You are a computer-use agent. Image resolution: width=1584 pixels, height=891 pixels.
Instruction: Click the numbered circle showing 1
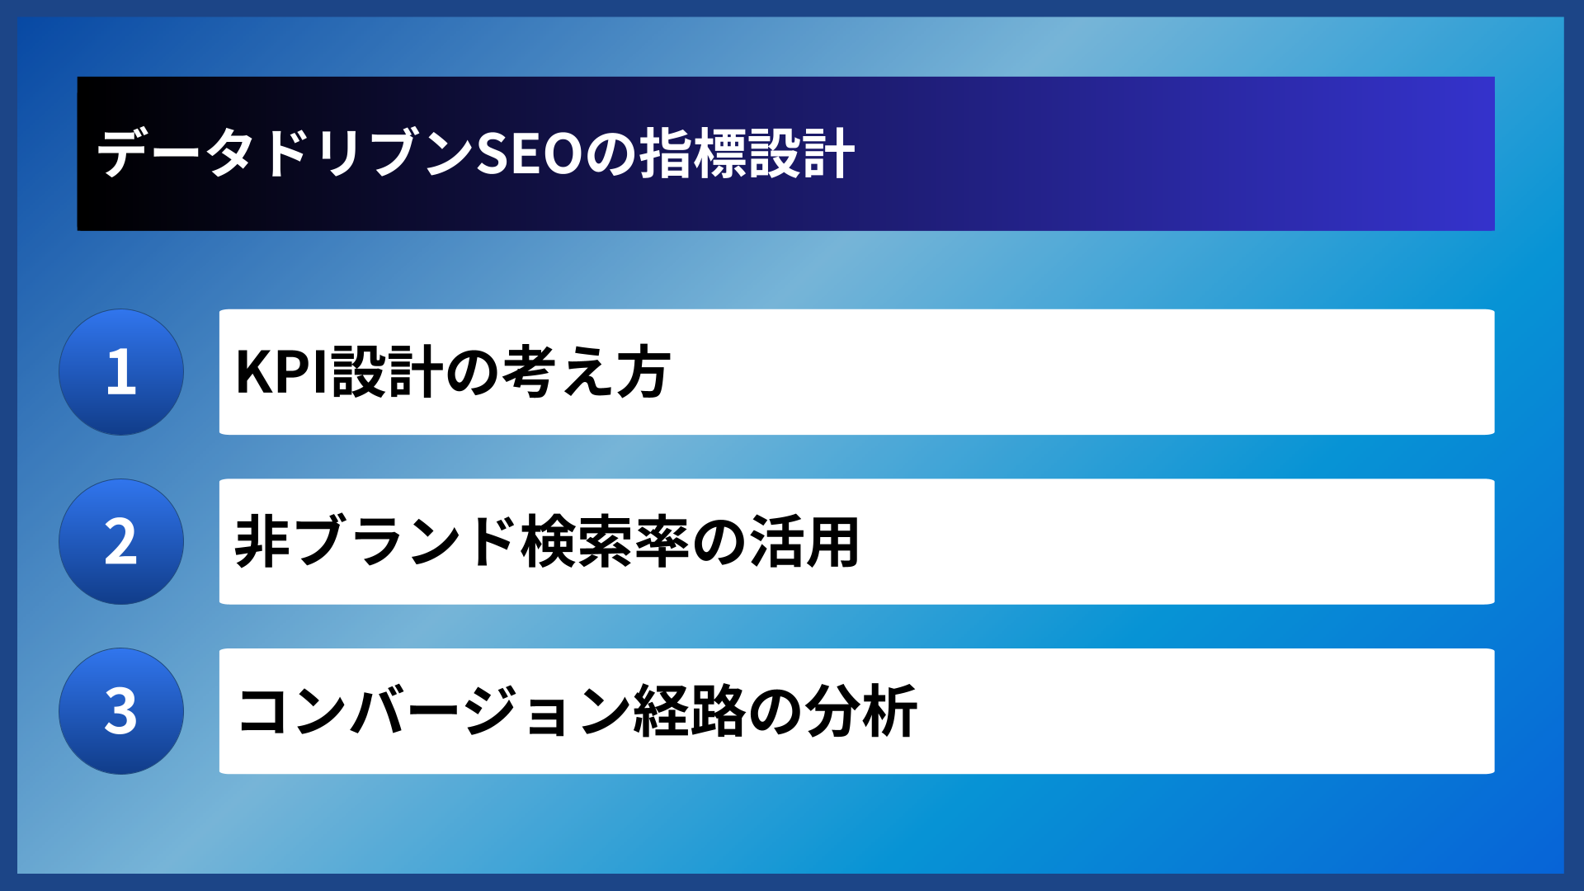click(x=121, y=372)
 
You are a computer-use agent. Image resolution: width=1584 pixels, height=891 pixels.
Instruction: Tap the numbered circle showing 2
click(x=121, y=542)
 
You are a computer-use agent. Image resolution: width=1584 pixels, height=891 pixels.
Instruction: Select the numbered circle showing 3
click(x=121, y=711)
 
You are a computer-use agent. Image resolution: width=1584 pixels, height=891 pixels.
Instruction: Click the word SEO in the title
click(x=530, y=154)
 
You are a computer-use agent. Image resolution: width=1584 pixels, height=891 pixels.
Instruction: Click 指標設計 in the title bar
click(x=747, y=154)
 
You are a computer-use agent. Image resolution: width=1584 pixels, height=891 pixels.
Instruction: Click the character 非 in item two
click(x=262, y=542)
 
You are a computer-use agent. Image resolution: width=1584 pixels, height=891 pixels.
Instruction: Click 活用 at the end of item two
click(x=804, y=542)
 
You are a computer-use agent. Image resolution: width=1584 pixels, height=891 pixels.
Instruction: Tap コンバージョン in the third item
click(x=433, y=711)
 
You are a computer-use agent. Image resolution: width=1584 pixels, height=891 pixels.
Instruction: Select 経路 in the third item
click(x=690, y=711)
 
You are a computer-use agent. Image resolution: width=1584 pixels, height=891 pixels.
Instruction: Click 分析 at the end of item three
click(x=861, y=711)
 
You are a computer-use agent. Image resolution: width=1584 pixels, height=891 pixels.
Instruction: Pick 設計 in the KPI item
click(x=388, y=372)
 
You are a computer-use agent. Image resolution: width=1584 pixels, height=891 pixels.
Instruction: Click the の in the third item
click(x=775, y=711)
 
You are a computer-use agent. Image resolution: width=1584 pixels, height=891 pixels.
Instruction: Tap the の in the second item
click(x=719, y=542)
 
